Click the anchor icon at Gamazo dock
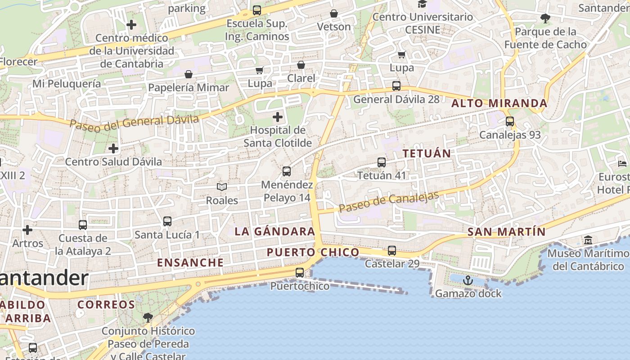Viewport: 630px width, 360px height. point(468,280)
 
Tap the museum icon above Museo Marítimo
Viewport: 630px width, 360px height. point(588,240)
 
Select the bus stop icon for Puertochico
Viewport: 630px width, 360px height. point(299,272)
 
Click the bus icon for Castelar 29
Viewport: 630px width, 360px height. point(392,251)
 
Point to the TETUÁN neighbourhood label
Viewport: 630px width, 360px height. point(427,153)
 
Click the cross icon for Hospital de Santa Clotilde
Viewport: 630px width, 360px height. point(278,117)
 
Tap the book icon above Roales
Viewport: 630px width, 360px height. point(222,187)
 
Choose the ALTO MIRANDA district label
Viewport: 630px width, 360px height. point(499,103)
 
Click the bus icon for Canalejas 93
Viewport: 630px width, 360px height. point(509,121)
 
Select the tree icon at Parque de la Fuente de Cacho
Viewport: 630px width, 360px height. point(545,18)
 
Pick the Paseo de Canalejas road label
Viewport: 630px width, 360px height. point(389,202)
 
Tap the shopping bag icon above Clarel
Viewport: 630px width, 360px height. point(301,65)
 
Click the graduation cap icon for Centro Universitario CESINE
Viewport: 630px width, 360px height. point(422,4)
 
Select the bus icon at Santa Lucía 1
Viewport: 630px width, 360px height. point(167,221)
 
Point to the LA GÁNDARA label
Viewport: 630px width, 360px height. point(275,232)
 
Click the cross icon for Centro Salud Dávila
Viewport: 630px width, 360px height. point(113,148)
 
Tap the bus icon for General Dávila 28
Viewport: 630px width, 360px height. point(396,86)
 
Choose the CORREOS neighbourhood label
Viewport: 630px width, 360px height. point(106,305)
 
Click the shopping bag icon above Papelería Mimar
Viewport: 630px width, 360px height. point(189,74)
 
